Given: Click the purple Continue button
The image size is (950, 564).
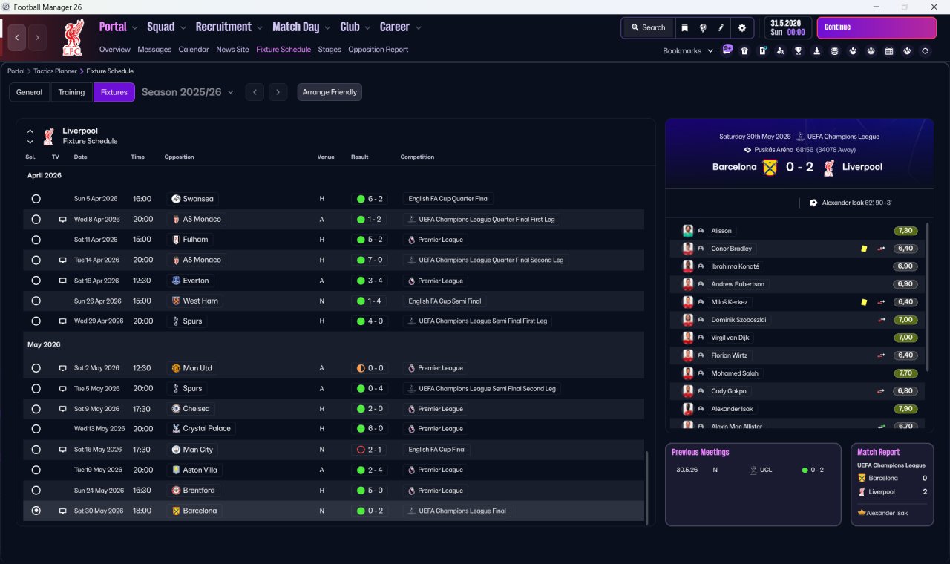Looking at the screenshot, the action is tap(877, 27).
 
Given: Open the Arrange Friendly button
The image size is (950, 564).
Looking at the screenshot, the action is tap(330, 92).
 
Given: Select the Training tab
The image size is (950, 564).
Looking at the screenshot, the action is tap(71, 92).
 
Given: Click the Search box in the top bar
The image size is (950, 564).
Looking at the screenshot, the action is tap(649, 27).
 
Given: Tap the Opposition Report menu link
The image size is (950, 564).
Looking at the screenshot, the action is tap(378, 50).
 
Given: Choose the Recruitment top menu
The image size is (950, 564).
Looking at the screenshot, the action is tap(223, 27).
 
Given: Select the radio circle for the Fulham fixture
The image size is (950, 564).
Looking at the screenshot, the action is tap(36, 240).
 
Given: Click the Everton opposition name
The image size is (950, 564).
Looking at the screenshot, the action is tap(195, 281).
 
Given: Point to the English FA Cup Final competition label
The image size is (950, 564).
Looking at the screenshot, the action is tap(437, 450).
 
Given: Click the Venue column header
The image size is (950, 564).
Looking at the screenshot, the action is tap(326, 157).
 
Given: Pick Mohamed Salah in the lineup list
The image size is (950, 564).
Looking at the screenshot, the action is tap(735, 373).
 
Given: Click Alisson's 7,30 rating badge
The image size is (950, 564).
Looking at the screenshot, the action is tap(905, 231).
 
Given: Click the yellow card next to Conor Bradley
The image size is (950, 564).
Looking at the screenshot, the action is tap(864, 249).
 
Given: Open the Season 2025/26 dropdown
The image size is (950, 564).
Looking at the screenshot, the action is tap(188, 92).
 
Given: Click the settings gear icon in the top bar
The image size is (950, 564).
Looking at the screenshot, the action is tap(741, 28).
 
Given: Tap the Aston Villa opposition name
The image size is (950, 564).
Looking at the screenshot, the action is tap(200, 470).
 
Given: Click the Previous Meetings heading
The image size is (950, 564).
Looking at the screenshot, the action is tap(700, 452).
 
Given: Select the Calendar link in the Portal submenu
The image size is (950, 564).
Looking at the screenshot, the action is tap(194, 50).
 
